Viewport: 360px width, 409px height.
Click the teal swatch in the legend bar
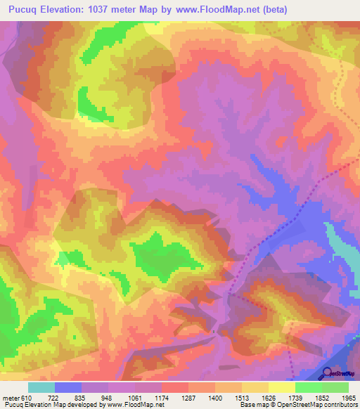point(41,388)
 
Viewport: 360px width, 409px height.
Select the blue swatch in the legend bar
point(68,388)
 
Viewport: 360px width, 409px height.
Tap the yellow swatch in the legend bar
point(281,388)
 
